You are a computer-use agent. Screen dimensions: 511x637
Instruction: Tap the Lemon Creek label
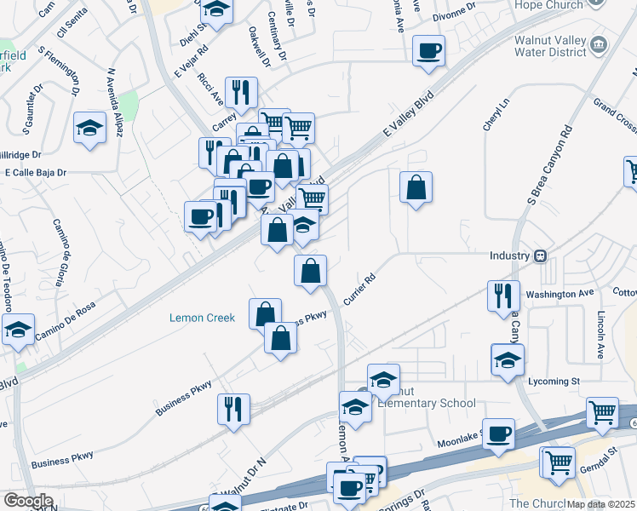pyautogui.click(x=202, y=318)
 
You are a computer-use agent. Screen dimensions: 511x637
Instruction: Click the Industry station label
pyautogui.click(x=509, y=255)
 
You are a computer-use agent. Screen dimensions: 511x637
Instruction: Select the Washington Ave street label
pyautogui.click(x=560, y=293)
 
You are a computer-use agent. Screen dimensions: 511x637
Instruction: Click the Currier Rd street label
pyautogui.click(x=359, y=290)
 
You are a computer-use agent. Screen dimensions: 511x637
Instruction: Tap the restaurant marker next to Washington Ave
pyautogui.click(x=503, y=295)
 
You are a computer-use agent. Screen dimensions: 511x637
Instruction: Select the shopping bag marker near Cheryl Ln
pyautogui.click(x=416, y=187)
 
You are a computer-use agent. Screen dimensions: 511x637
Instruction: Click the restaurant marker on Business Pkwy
pyautogui.click(x=232, y=409)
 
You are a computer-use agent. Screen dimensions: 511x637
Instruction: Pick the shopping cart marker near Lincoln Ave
pyautogui.click(x=603, y=412)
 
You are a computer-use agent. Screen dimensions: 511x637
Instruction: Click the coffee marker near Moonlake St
pyautogui.click(x=498, y=433)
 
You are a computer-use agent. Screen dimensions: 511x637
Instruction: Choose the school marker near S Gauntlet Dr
pyautogui.click(x=89, y=128)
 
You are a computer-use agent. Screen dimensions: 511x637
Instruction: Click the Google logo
pyautogui.click(x=28, y=501)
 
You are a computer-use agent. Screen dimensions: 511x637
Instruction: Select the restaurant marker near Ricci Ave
pyautogui.click(x=244, y=93)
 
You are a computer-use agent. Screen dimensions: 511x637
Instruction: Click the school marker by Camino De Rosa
pyautogui.click(x=17, y=330)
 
